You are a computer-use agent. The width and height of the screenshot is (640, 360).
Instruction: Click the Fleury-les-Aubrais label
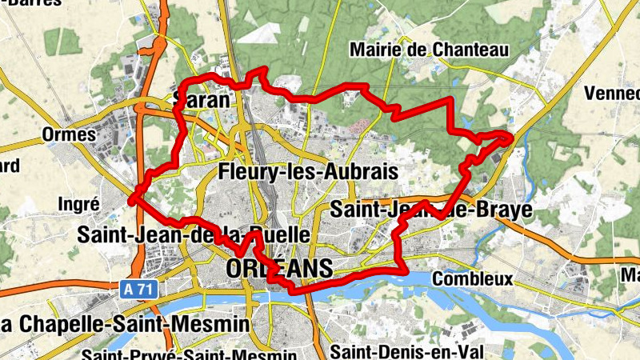point(308,172)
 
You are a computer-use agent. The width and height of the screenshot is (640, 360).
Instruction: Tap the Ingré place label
point(78,204)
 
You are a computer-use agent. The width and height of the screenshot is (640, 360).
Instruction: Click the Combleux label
point(471,279)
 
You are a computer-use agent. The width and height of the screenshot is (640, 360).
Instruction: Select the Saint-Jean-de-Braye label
point(431,210)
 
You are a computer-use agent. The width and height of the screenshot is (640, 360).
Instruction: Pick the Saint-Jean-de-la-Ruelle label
point(193,235)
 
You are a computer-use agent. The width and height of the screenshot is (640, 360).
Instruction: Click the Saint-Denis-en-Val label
point(400,350)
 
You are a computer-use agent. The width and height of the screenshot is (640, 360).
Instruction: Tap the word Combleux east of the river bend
point(471,279)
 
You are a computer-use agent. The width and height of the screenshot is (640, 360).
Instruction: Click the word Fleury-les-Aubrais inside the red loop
point(308,172)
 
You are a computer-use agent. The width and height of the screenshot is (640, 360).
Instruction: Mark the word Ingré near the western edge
point(78,204)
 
